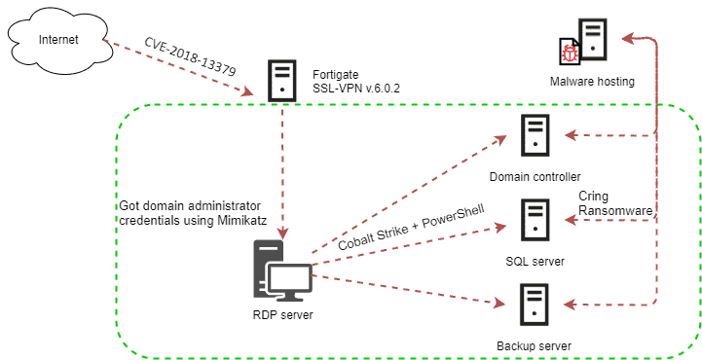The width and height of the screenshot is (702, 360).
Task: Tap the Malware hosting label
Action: pos(592,82)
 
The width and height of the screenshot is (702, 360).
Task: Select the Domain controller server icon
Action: pos(534,136)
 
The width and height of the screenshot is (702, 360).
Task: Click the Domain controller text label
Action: pos(535,176)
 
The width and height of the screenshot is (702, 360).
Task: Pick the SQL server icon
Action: pos(534,220)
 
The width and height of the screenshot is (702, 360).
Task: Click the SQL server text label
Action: pos(535,261)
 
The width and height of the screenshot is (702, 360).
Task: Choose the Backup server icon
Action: pos(534,305)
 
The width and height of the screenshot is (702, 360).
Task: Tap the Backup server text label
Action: pos(534,345)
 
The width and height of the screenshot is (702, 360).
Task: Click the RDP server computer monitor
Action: pos(289,280)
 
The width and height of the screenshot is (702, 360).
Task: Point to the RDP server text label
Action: pos(282,314)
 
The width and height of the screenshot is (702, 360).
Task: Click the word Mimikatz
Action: pos(239,221)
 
